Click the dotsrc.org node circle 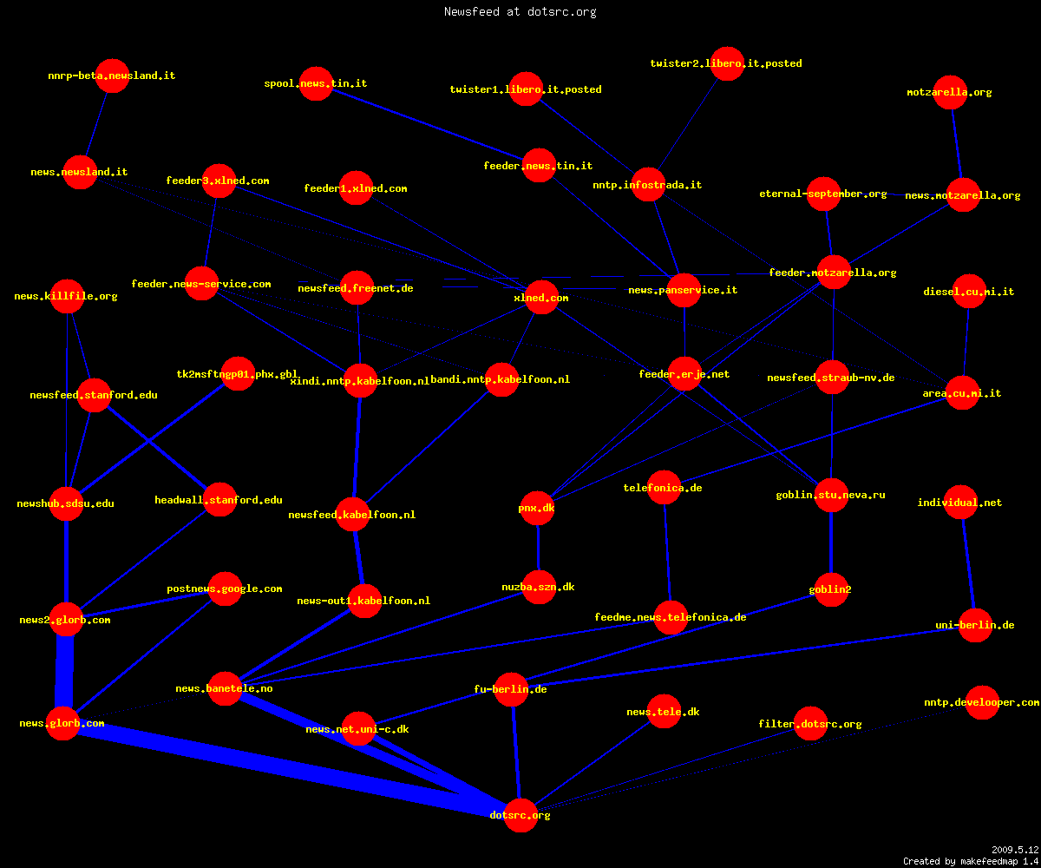pos(520,815)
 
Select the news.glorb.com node pos(62,723)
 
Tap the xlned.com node pos(541,298)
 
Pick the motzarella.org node pos(950,92)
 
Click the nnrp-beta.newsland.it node pos(112,76)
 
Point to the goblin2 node pos(830,589)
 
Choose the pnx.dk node pos(537,509)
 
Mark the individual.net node pos(960,503)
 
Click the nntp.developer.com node pos(982,702)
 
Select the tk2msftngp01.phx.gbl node pos(238,373)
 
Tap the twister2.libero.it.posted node pos(728,63)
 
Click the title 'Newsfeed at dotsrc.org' pos(520,11)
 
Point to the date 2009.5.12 pos(1015,850)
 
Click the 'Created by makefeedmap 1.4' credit pos(971,861)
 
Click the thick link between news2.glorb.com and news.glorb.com pos(64,672)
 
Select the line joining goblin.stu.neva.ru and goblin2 pos(831,542)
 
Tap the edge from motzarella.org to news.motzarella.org pos(957,144)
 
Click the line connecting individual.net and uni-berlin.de pos(968,563)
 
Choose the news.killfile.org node pos(67,296)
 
